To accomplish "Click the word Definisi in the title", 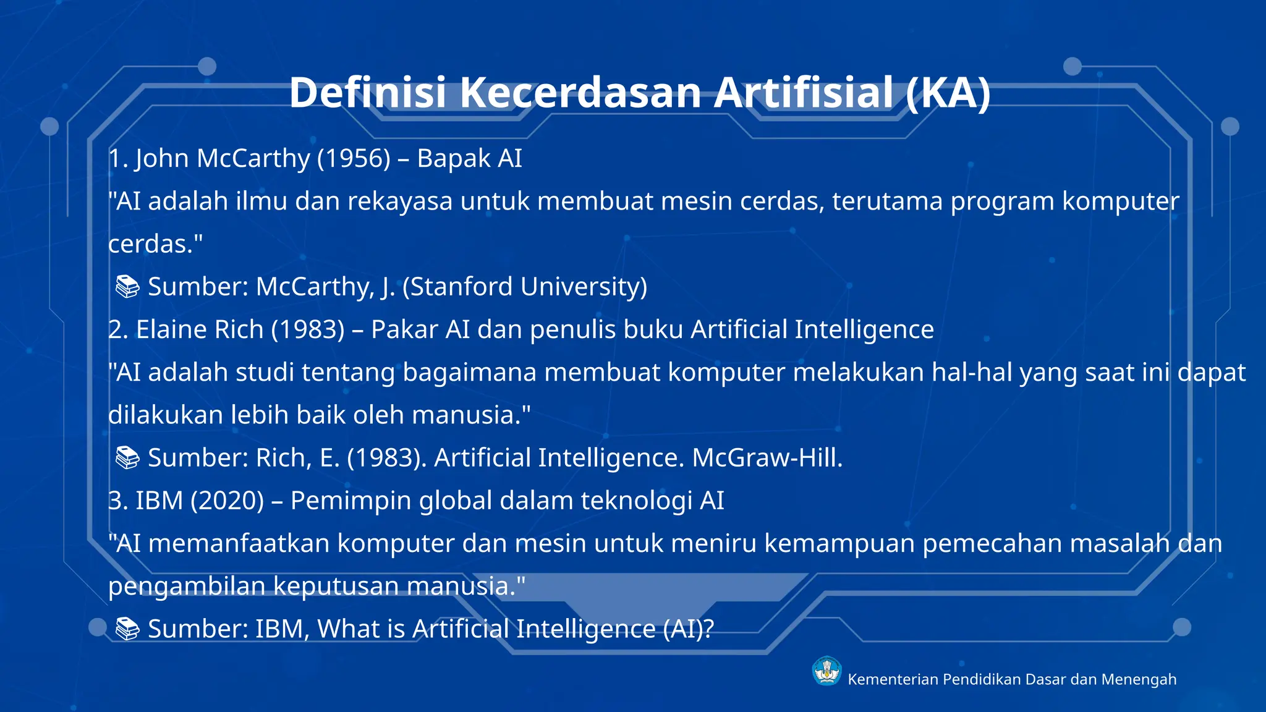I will (367, 93).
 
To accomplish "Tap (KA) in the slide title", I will (948, 93).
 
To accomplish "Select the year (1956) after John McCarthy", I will (354, 158).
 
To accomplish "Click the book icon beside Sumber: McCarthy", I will (128, 287).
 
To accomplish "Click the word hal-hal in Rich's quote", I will (971, 373).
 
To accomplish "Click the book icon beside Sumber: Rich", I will (128, 458).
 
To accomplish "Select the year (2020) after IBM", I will (227, 501).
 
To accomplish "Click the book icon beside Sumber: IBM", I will (128, 629).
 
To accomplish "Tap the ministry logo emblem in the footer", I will (826, 671).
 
